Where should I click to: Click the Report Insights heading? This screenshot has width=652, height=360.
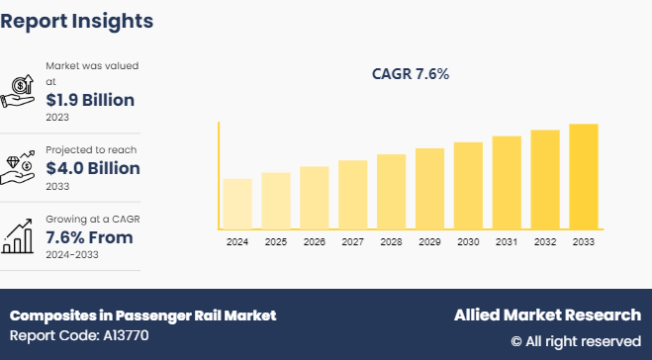tap(77, 21)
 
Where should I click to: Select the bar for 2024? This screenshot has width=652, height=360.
tap(237, 204)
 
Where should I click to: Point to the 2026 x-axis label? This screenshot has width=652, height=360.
tap(314, 242)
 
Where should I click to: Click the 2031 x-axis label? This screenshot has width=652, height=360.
tap(507, 242)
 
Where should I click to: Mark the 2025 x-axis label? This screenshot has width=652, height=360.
tap(276, 242)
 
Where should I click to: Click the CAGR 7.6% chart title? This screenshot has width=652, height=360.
tap(411, 74)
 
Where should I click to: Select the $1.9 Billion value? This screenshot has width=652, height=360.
tap(90, 100)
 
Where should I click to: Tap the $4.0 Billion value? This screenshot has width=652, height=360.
tap(93, 168)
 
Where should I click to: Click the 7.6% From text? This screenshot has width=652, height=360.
tap(89, 237)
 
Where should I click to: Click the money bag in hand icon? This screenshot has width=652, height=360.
tap(22, 91)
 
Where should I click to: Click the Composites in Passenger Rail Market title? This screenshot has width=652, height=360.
tap(142, 315)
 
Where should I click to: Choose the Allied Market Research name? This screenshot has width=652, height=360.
tap(547, 315)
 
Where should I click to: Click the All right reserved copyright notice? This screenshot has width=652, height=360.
tap(576, 341)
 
